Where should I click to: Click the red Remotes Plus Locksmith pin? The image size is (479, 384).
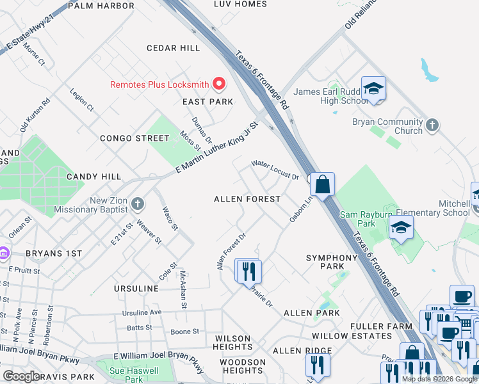coord(219,84)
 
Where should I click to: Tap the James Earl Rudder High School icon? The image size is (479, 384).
coord(373,90)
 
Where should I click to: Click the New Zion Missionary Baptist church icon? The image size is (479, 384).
coord(136,204)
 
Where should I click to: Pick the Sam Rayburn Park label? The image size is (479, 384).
coord(366,219)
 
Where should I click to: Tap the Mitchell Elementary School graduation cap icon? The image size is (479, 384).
coord(402,228)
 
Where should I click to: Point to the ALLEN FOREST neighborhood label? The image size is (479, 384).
coord(247,199)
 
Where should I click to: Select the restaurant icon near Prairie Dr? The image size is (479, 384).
coord(248,271)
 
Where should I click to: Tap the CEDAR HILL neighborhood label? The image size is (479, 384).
coord(173,48)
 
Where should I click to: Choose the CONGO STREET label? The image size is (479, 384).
coord(134,138)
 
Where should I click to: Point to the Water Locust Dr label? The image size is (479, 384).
coord(275,170)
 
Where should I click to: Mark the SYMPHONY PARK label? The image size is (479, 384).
coord(332,262)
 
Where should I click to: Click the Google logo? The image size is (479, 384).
coord(21,376)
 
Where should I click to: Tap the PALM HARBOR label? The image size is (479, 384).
coord(101,6)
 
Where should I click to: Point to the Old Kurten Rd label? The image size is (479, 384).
coord(35,115)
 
